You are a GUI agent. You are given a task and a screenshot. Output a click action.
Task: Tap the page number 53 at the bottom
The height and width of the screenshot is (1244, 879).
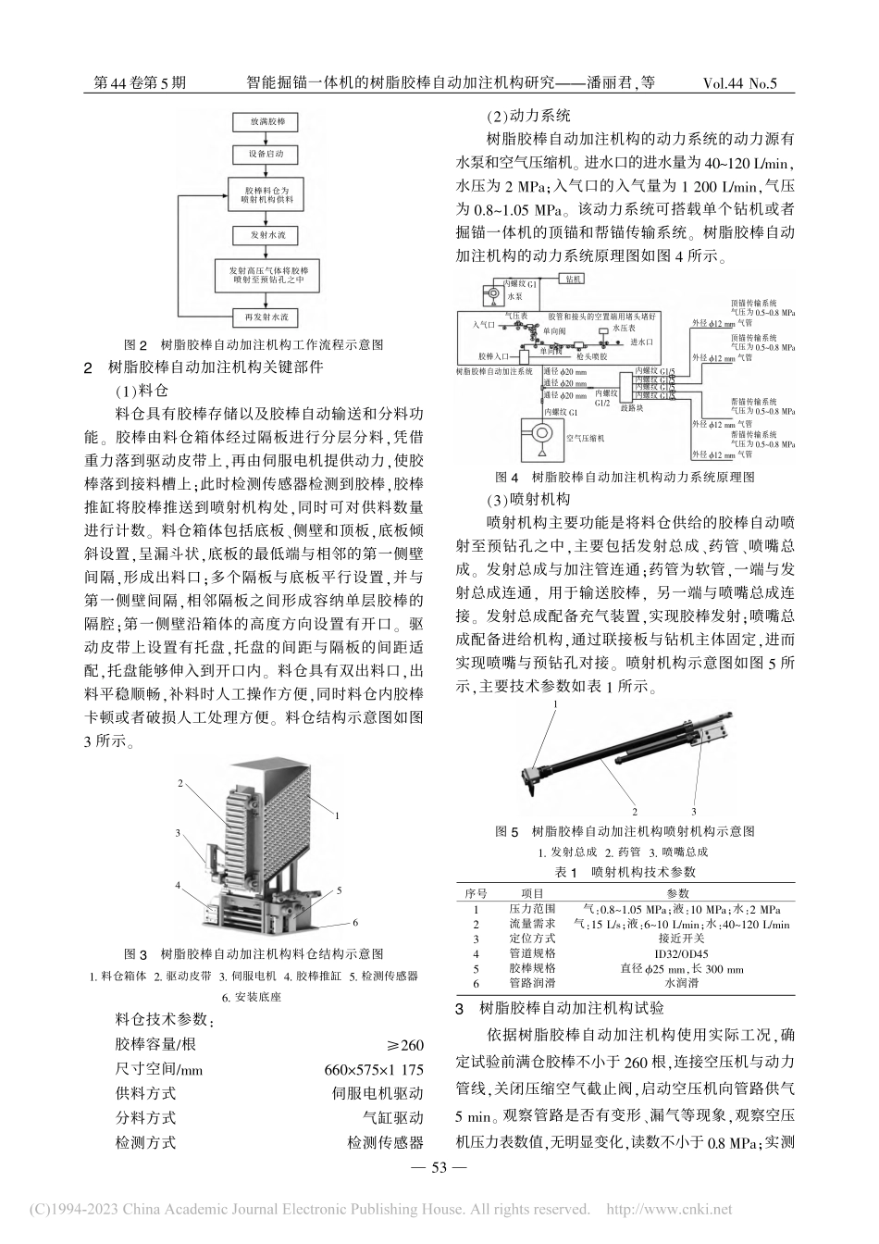[439, 1166]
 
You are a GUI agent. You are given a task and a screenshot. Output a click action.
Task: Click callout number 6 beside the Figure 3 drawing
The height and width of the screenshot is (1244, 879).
[354, 923]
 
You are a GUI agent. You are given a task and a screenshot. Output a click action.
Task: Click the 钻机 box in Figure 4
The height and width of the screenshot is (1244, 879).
[573, 278]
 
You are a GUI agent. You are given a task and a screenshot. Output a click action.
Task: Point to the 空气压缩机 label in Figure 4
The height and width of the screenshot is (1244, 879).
[583, 438]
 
